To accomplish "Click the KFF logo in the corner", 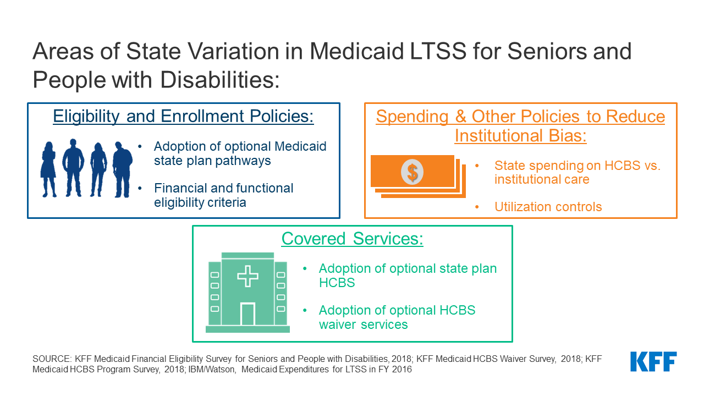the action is click(x=653, y=361).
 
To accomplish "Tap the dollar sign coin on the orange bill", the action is click(x=412, y=172).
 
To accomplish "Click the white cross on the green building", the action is click(x=248, y=276).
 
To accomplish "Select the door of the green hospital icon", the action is click(x=248, y=314).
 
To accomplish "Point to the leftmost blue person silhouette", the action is click(x=49, y=169).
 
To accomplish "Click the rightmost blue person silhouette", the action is click(x=122, y=169).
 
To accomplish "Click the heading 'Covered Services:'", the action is click(x=353, y=239).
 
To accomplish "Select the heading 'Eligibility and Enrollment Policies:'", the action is click(x=183, y=116).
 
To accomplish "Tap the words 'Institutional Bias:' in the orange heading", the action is click(x=520, y=136).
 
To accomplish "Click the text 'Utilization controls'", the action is click(x=548, y=207).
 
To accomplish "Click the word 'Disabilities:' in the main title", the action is click(x=219, y=80).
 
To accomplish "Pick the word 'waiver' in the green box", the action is click(x=337, y=324).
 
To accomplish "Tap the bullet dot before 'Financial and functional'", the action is click(x=140, y=188).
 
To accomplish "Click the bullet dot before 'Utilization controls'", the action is click(x=477, y=207).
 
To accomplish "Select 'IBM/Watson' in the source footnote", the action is click(x=212, y=369).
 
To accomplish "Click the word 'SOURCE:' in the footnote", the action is click(x=52, y=359).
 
